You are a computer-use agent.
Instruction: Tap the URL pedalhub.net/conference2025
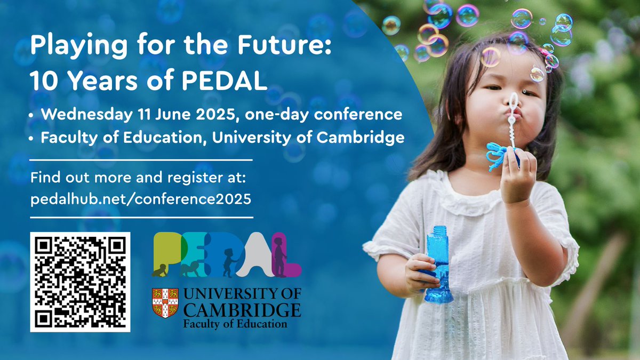141,198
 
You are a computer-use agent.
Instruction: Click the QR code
80,282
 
